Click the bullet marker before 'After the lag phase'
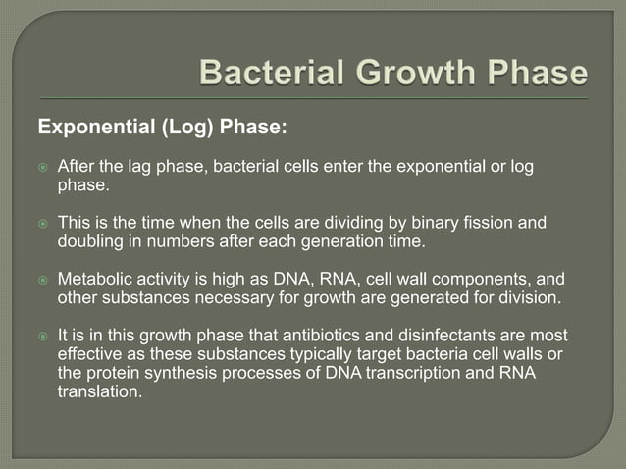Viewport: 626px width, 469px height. (x=42, y=168)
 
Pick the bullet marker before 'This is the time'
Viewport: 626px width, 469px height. (x=42, y=223)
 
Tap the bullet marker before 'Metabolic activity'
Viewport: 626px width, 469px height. (x=42, y=279)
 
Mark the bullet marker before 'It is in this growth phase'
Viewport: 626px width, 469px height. (x=42, y=335)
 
